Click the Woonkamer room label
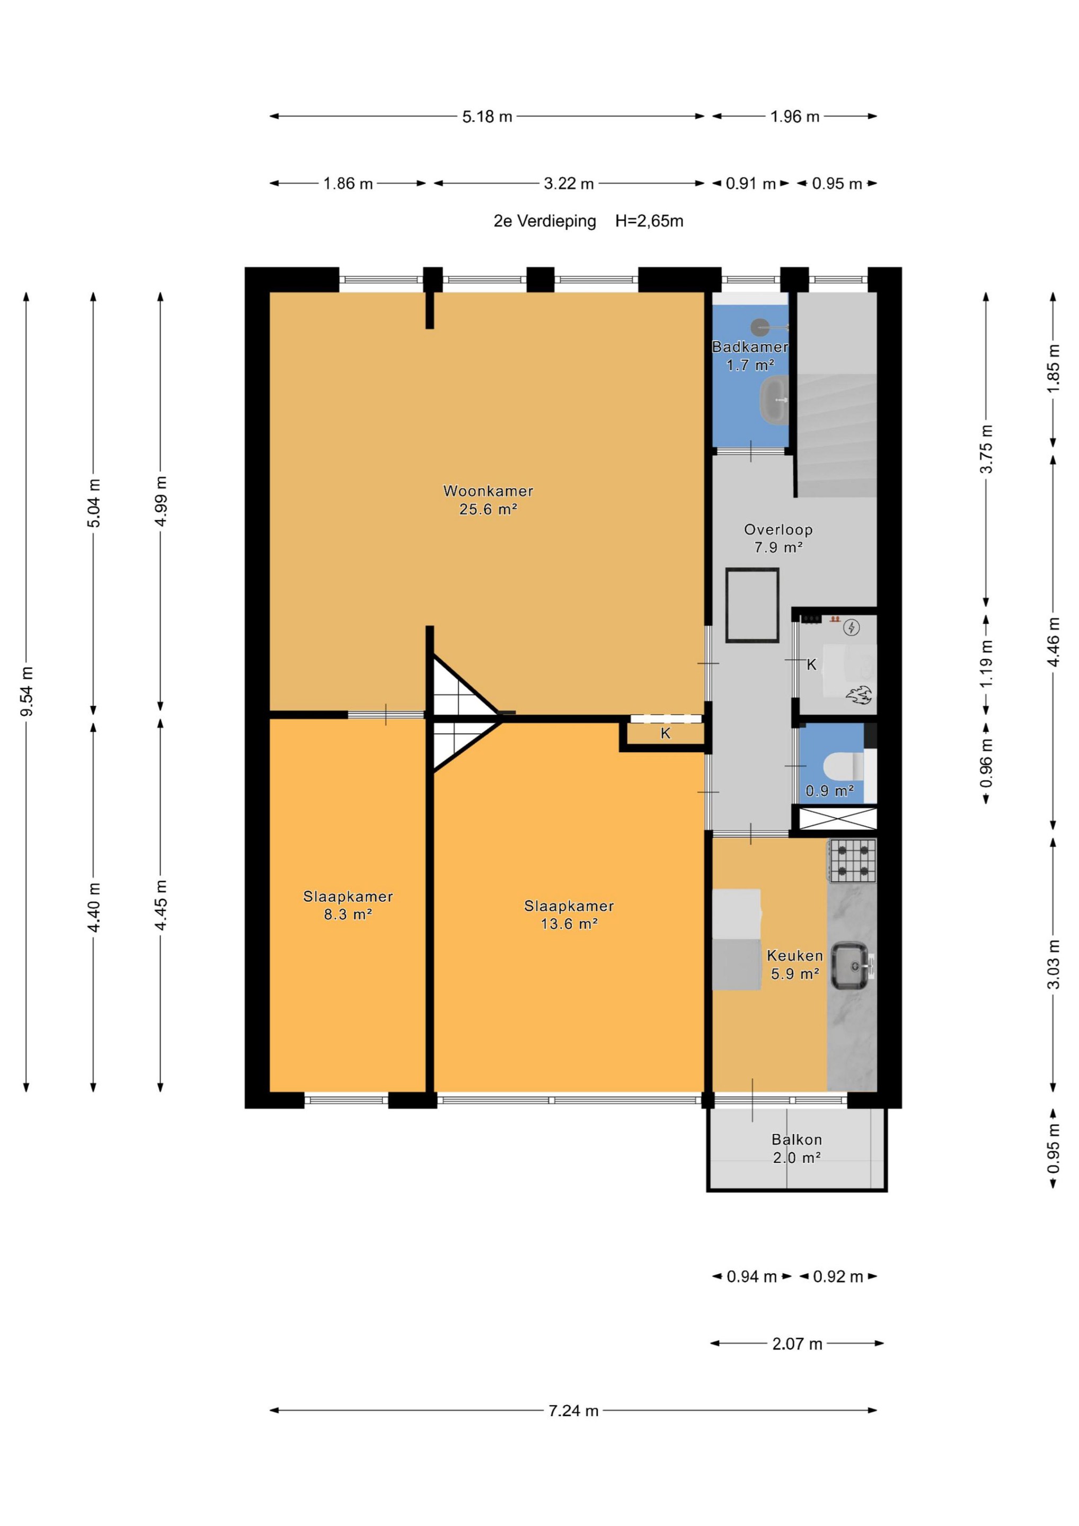488,491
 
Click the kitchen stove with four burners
852,860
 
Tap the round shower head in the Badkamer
760,327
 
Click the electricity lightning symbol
851,627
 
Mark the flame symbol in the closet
859,695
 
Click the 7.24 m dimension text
573,1410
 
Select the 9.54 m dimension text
26,691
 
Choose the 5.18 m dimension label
488,117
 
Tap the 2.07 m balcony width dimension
797,1344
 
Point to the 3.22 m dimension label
569,184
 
